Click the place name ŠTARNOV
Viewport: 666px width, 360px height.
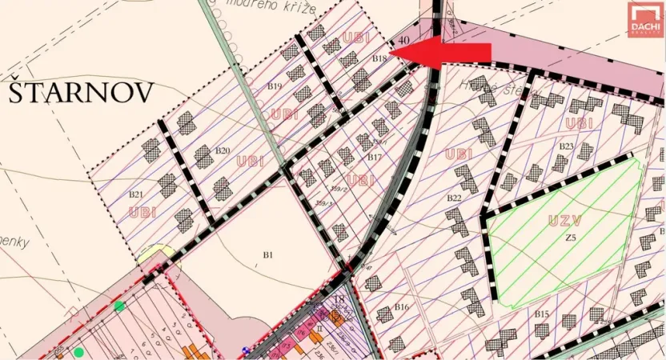80,93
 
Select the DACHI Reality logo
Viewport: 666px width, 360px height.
644,19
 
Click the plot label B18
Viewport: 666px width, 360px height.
379,58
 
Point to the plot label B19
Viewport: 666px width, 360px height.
275,86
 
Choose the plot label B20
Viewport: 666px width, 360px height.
223,150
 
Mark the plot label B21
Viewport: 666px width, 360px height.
135,194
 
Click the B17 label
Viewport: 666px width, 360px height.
374,158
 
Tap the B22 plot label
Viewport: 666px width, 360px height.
454,197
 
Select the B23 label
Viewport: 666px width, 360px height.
567,146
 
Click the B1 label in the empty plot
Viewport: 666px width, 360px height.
269,255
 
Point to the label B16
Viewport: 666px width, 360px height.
401,307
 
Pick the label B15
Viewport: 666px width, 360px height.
542,313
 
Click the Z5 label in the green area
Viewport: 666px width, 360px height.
570,238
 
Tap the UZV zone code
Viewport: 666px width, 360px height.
565,219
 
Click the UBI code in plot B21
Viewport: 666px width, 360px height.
141,212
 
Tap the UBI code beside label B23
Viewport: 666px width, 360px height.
578,123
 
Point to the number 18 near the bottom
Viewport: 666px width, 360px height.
339,300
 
